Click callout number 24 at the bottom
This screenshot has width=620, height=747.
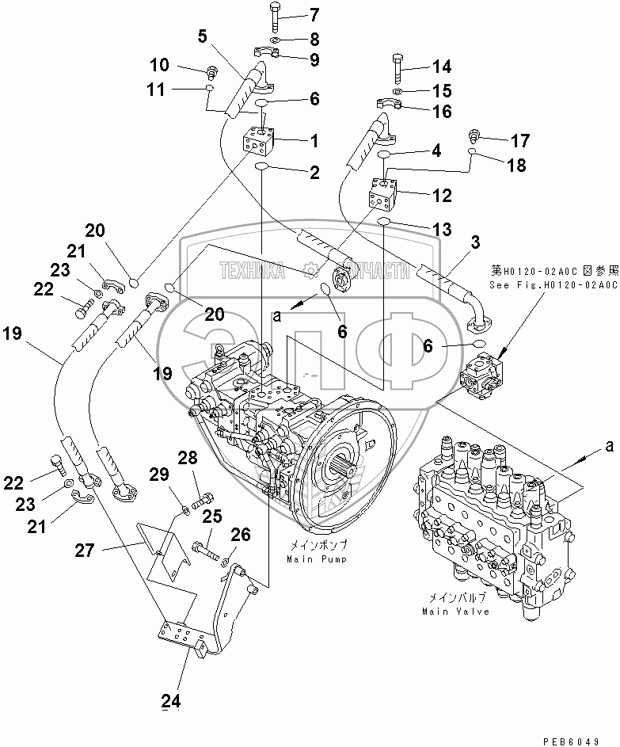(x=171, y=700)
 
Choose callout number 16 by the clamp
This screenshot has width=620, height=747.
(x=439, y=112)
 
